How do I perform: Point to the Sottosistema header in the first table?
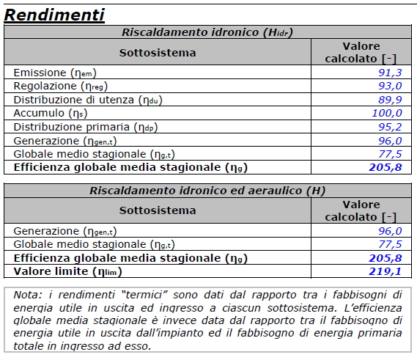pyautogui.click(x=158, y=52)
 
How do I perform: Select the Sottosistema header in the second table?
pyautogui.click(x=158, y=210)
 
